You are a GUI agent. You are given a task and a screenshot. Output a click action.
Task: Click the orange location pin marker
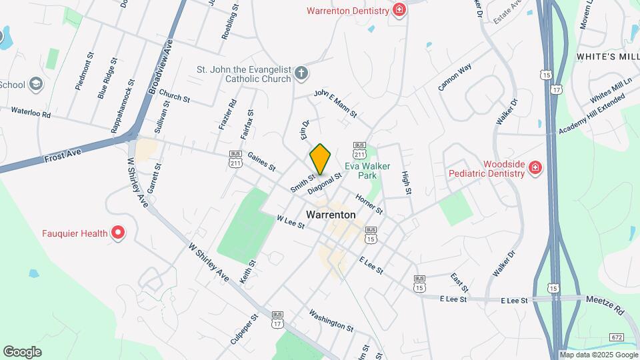coord(321,159)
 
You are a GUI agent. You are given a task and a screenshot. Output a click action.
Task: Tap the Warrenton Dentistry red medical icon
coord(399,10)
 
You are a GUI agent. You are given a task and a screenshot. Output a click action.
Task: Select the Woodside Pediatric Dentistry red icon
coord(534,167)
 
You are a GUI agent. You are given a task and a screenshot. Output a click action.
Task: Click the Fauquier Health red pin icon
coord(118,233)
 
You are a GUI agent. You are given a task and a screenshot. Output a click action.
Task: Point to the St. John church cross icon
coord(301,73)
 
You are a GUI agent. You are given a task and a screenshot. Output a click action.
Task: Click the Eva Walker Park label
coord(367,171)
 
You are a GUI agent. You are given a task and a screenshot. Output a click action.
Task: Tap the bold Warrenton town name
coord(331,215)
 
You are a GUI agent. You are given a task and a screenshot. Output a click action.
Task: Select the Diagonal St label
coord(329,185)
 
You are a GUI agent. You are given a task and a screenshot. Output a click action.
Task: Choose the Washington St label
coord(331,319)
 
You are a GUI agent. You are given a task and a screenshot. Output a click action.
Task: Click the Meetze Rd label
coord(605,306)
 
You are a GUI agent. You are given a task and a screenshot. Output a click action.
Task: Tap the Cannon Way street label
coord(455,77)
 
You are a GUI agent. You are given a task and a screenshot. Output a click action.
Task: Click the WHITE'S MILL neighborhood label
coord(607,57)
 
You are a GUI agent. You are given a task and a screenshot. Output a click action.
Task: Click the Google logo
coord(22,351)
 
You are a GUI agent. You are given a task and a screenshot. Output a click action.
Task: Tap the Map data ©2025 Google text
coord(598,355)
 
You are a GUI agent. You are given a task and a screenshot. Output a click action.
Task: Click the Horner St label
coord(369,205)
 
